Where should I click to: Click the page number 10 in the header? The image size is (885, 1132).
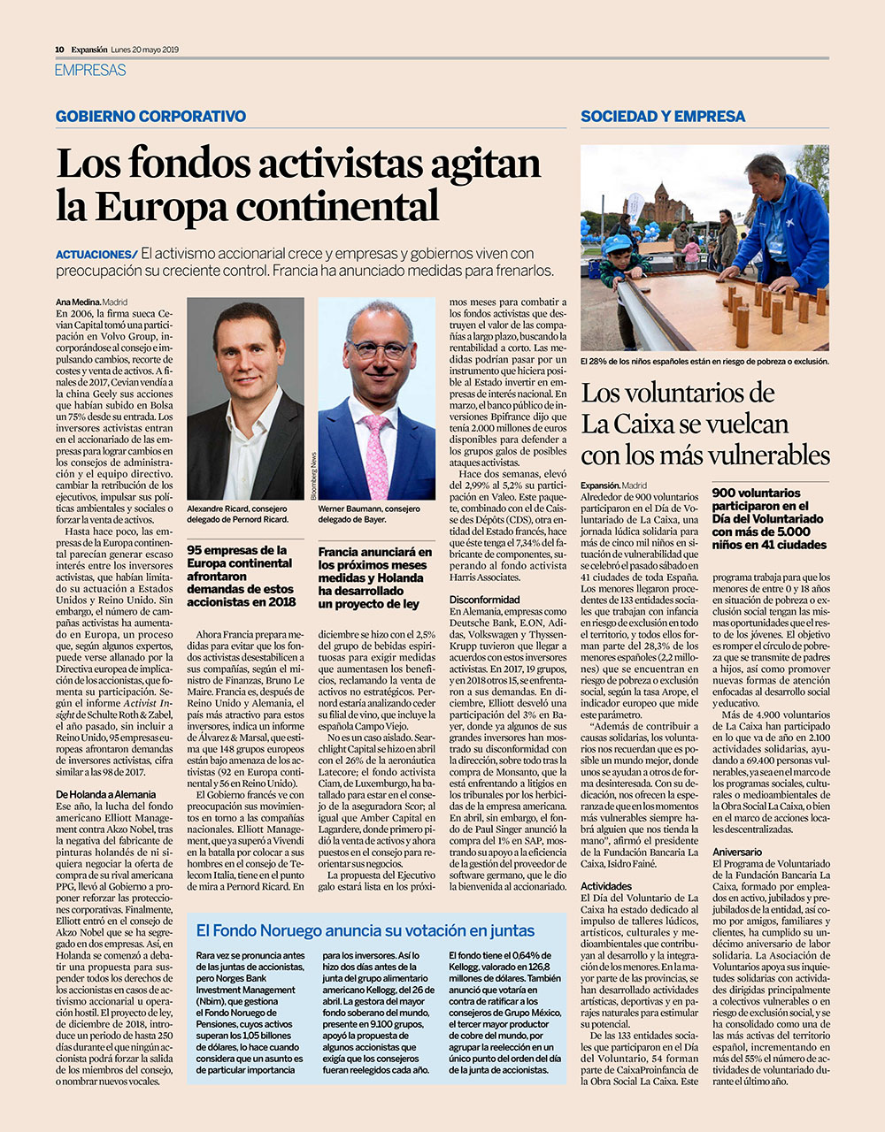(58, 50)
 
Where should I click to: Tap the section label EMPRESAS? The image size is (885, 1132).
(90, 70)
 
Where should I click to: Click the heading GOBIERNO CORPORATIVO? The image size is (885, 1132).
(150, 117)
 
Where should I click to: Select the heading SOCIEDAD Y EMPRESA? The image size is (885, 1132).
(663, 117)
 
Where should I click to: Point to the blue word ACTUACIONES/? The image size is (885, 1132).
(96, 255)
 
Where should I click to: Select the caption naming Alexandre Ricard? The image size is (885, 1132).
(238, 515)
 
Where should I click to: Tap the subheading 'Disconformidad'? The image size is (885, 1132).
(484, 600)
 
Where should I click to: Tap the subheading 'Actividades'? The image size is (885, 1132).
(606, 885)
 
